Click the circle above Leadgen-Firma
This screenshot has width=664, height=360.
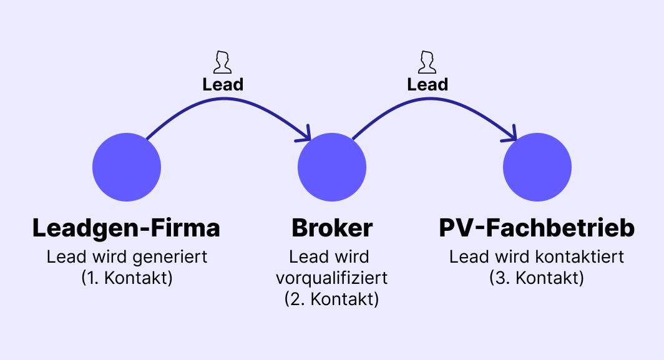[127, 167]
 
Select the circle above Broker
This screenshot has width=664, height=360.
[331, 167]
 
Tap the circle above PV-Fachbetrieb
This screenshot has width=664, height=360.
[537, 167]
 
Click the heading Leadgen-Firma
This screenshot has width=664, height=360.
[126, 228]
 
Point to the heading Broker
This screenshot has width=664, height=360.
[331, 228]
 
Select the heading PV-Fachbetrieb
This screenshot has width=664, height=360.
[537, 228]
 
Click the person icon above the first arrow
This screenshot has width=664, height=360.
[222, 62]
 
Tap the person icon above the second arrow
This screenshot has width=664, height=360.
[427, 62]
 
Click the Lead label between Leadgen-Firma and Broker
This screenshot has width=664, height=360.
[222, 84]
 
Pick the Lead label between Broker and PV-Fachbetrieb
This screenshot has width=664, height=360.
[427, 84]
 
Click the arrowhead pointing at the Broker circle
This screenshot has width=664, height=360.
[306, 134]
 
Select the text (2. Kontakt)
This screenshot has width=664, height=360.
[331, 299]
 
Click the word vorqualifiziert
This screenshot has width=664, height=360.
[331, 278]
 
